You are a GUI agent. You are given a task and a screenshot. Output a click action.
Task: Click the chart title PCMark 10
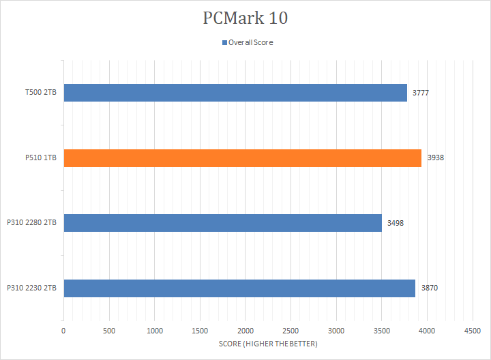tap(245, 18)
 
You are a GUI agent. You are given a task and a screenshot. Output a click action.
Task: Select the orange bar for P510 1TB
tap(242, 158)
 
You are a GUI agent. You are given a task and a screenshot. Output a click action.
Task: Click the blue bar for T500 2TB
tap(235, 93)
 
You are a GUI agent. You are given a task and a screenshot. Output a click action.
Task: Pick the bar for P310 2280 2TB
tap(222, 223)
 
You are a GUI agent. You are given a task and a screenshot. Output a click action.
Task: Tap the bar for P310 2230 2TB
tap(239, 288)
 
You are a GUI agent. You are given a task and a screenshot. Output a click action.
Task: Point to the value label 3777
tap(420, 93)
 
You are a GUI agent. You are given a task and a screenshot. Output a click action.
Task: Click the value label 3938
tap(435, 158)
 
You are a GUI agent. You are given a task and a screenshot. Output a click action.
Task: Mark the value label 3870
tap(429, 288)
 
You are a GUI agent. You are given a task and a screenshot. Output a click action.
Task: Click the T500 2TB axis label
tap(41, 93)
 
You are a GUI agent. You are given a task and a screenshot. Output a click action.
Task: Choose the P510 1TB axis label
tap(41, 158)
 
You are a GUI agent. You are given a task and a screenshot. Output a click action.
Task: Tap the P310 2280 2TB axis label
tap(32, 223)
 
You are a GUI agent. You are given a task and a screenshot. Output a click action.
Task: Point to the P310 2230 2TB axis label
tap(32, 288)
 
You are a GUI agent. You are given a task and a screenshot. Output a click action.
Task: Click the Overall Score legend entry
tap(250, 42)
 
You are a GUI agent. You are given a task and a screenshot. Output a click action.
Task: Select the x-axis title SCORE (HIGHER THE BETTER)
tap(268, 344)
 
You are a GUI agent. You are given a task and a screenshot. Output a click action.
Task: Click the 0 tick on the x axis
tap(63, 331)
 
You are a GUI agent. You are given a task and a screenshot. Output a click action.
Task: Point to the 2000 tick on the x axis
tap(245, 331)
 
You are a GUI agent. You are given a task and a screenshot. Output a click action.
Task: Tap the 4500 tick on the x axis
tap(473, 331)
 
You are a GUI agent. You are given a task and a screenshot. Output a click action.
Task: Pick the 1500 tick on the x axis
tap(200, 331)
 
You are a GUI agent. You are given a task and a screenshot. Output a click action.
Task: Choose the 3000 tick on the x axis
tap(336, 331)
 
